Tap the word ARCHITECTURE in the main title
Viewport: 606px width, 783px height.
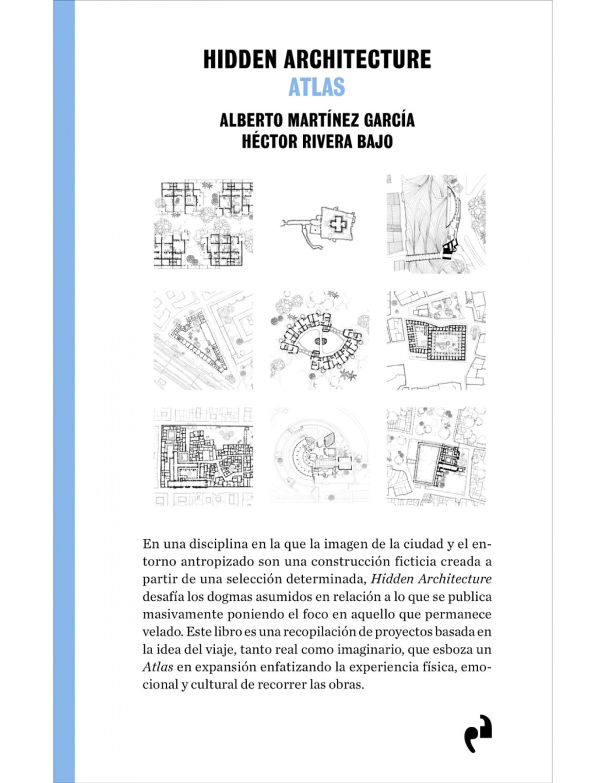(x=358, y=59)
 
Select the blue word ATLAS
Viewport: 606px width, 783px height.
(x=317, y=87)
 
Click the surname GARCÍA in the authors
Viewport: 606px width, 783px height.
(x=389, y=120)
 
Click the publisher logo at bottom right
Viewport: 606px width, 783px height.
(x=477, y=733)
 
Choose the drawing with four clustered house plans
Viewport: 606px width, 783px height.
(x=203, y=224)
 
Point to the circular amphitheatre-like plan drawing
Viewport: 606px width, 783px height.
(x=320, y=456)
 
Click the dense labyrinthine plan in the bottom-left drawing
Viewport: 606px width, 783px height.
(x=203, y=456)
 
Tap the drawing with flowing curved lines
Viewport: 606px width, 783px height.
(x=436, y=224)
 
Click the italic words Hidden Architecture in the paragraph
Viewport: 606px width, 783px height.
(x=431, y=579)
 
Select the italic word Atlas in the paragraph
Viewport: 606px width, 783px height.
(x=158, y=667)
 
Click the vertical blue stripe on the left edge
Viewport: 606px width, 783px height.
(x=64, y=392)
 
